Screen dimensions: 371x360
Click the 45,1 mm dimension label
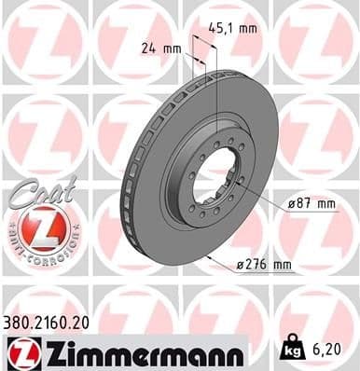[x=234, y=28]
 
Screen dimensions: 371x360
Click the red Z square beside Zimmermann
[x=21, y=351]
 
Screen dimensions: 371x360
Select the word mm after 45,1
[x=247, y=28]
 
